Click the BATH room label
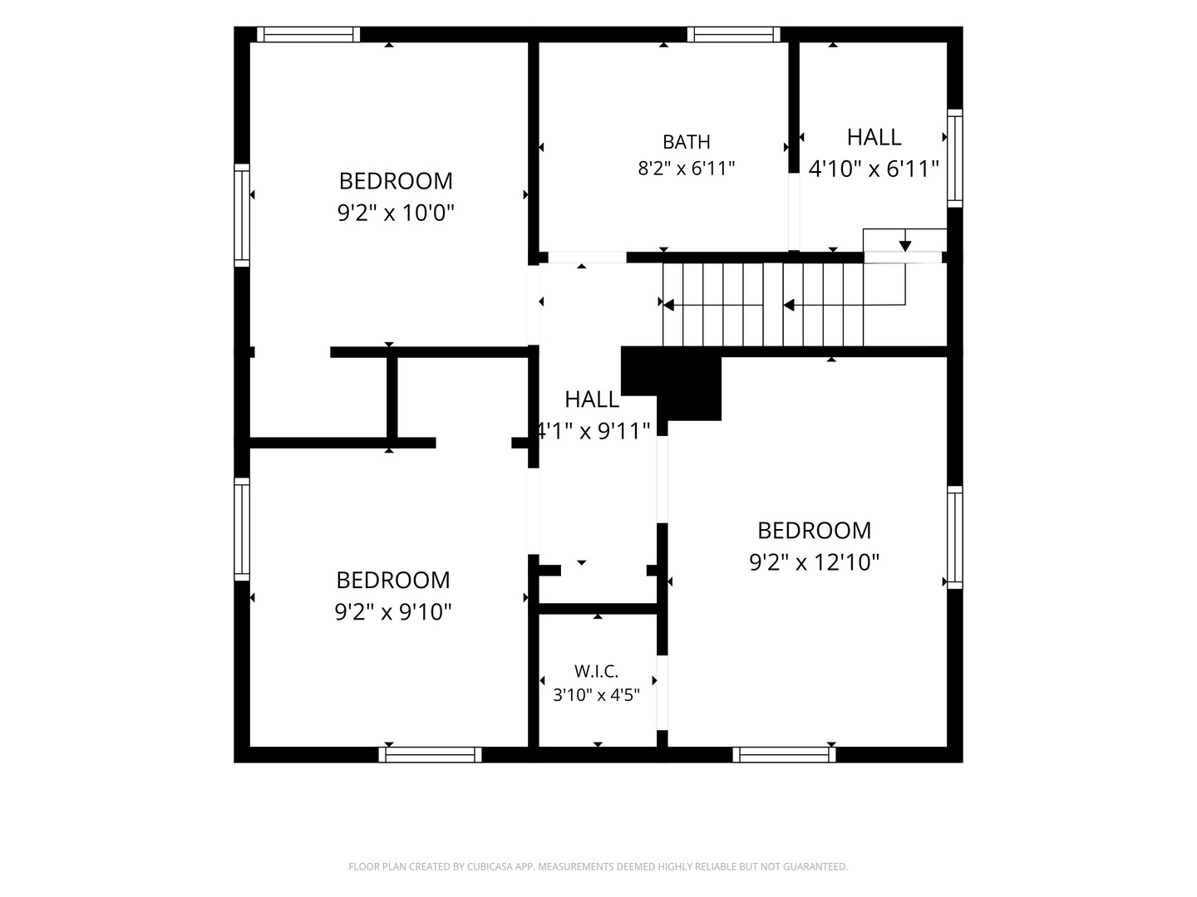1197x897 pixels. (686, 142)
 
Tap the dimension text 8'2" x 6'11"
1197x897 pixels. (686, 169)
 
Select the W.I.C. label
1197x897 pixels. (596, 672)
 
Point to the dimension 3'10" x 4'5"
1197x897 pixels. (596, 695)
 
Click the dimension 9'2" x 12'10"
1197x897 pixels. (814, 562)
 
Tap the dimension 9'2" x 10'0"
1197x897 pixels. (396, 213)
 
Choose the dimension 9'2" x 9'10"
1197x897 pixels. (392, 611)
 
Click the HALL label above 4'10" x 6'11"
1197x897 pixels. (874, 137)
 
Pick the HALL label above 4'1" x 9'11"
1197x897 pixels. (592, 399)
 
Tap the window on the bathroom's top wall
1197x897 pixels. (733, 34)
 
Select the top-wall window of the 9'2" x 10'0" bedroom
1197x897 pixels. (308, 34)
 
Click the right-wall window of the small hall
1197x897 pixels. (955, 158)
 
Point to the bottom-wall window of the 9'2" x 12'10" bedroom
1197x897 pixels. (784, 754)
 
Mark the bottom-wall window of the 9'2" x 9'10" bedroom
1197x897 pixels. (431, 754)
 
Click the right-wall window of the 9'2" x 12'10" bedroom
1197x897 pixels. (955, 537)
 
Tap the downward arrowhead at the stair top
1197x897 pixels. (905, 246)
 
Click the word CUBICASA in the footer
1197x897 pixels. (490, 866)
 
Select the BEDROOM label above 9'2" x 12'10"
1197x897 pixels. (814, 531)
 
